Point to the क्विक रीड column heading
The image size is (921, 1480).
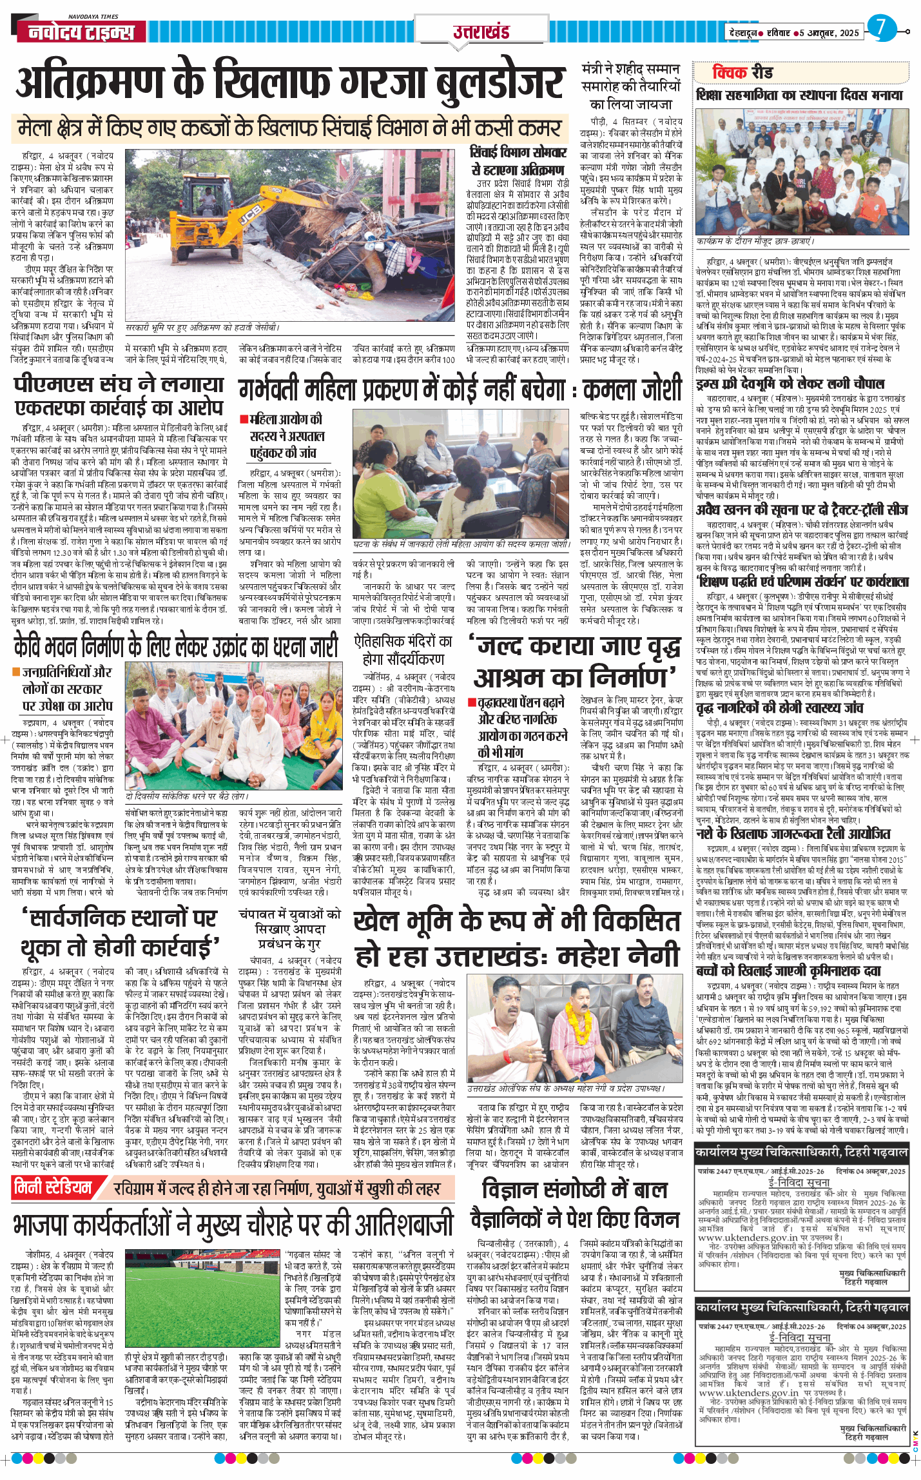742,72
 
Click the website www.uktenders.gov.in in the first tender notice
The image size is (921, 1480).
747,1238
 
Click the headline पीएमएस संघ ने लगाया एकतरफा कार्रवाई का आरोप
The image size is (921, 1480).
119,397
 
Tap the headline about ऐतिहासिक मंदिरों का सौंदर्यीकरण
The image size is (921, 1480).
403,650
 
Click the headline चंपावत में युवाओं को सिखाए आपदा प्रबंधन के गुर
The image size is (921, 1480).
289,929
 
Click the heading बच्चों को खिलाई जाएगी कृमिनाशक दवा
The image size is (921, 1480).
797,971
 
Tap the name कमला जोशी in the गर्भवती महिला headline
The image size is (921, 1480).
632,389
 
